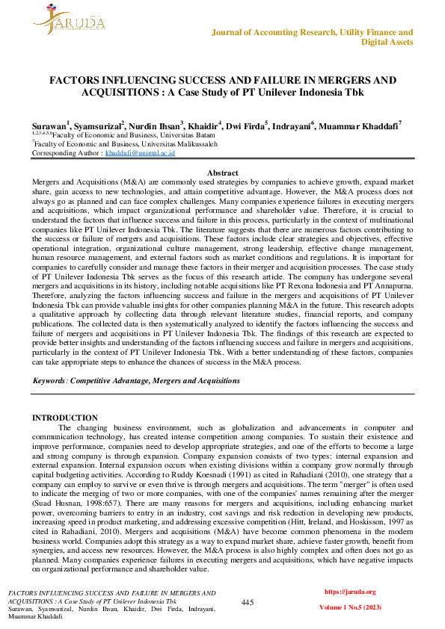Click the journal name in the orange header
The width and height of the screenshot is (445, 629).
pyautogui.click(x=313, y=37)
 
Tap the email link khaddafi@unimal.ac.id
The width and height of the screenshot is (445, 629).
pyautogui.click(x=140, y=152)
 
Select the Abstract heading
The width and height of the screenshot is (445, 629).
pyautogui.click(x=222, y=173)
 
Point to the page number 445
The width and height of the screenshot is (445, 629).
pyautogui.click(x=248, y=602)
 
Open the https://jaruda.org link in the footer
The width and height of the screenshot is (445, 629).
pyautogui.click(x=349, y=592)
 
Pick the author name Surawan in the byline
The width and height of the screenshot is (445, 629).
pyautogui.click(x=49, y=126)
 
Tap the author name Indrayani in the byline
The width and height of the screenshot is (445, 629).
pyautogui.click(x=290, y=126)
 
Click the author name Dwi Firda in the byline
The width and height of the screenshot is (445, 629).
pyautogui.click(x=243, y=126)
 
